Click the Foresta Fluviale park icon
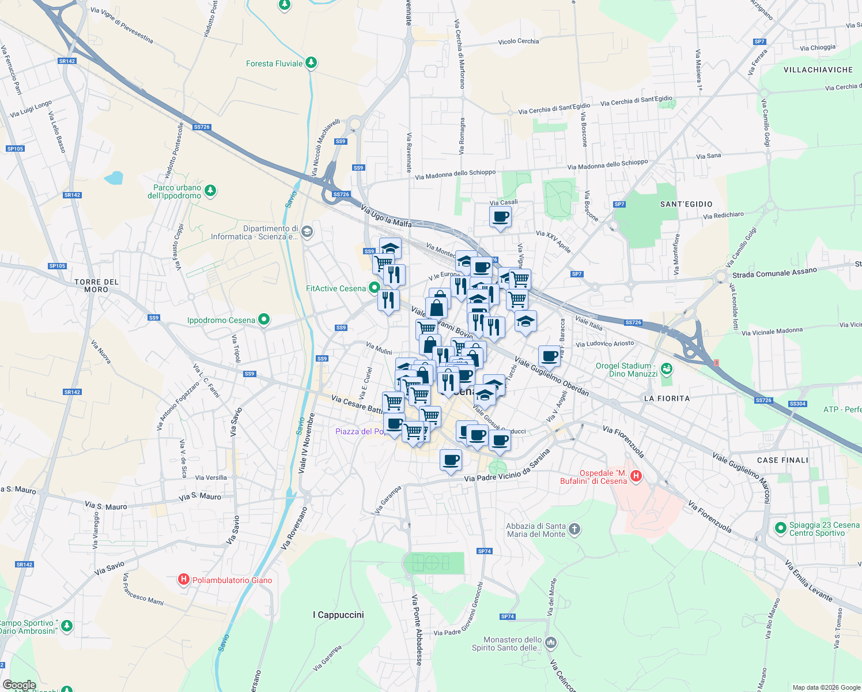click(x=311, y=62)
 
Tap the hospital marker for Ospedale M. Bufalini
click(x=636, y=476)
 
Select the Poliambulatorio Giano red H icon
click(x=184, y=580)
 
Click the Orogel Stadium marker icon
click(x=667, y=368)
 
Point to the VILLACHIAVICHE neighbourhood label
click(x=818, y=70)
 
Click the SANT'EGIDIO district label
click(x=686, y=204)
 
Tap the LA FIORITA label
click(x=667, y=398)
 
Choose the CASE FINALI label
click(x=782, y=460)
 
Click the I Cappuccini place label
click(x=338, y=615)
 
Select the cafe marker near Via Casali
click(x=500, y=217)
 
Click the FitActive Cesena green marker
click(x=375, y=287)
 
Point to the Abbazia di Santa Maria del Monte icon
click(x=574, y=529)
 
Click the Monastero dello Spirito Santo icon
click(x=551, y=642)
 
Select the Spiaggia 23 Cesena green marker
click(x=780, y=528)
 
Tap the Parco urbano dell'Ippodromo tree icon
click(x=210, y=190)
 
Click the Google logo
click(x=19, y=685)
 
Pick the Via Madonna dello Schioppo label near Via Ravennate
click(x=455, y=174)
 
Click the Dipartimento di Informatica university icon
click(x=307, y=232)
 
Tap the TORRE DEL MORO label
click(x=96, y=285)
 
